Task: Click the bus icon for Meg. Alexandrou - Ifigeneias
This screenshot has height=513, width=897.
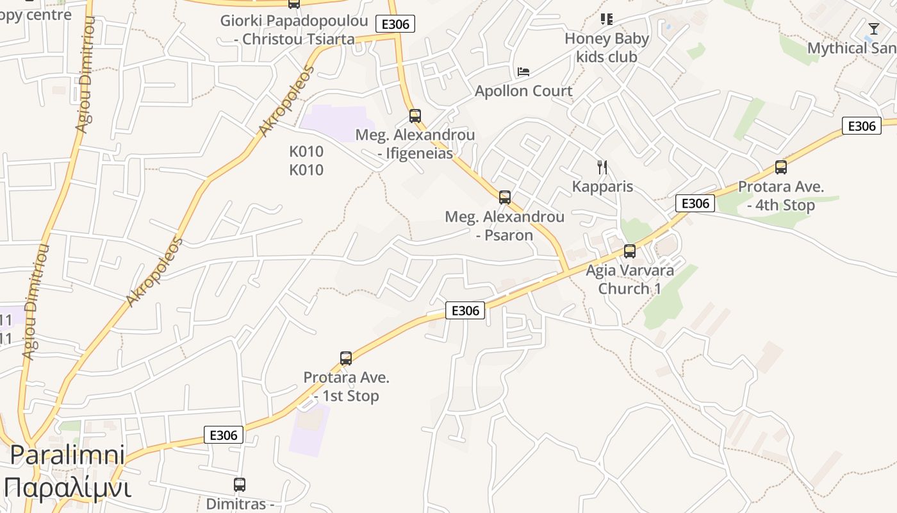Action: tap(415, 116)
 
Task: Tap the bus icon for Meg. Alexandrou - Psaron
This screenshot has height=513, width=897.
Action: tap(505, 197)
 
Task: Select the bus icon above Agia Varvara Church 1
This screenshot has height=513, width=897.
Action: tap(630, 251)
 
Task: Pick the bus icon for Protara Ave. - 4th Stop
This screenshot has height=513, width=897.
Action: tap(781, 167)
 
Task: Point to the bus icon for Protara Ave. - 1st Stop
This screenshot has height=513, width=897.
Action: tap(346, 358)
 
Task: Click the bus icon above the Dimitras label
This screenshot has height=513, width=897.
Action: tap(240, 485)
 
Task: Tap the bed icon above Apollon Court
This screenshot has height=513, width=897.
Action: tap(523, 72)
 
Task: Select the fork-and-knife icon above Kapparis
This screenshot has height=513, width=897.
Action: tap(602, 167)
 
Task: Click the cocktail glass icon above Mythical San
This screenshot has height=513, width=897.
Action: tap(874, 29)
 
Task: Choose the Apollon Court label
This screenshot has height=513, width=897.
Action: tap(523, 91)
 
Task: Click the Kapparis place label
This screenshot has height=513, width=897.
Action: tap(602, 187)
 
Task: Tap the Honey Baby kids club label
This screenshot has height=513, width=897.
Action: tap(607, 47)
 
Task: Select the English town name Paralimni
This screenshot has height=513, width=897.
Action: tap(67, 455)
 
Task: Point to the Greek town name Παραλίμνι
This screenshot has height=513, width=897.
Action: tap(67, 487)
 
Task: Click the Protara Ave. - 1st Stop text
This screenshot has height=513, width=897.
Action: tap(347, 387)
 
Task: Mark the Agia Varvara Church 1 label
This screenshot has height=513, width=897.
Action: tap(630, 279)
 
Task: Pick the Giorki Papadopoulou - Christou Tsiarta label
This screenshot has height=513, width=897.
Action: tap(294, 29)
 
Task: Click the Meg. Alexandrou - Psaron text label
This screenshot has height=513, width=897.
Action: tap(505, 226)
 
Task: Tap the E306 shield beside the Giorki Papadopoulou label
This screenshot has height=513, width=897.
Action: tap(395, 24)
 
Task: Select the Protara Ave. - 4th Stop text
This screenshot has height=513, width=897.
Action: tap(781, 196)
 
